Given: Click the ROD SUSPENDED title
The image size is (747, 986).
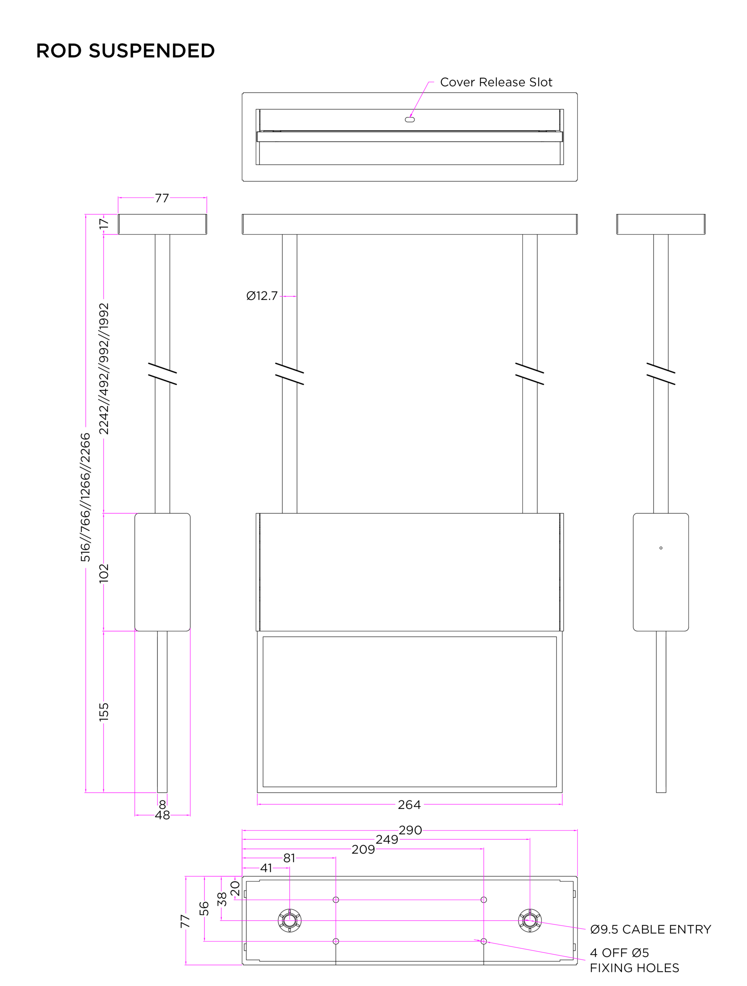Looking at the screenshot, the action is point(125,51).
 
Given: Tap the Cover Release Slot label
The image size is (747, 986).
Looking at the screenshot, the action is point(496,82).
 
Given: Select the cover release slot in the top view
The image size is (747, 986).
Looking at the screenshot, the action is point(410,119).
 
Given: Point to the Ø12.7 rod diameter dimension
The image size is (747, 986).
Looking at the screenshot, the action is point(262,296).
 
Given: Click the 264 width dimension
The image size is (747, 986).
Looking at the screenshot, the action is point(409,805).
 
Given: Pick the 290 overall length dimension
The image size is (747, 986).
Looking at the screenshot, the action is point(410,830).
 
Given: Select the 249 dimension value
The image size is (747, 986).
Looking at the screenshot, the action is point(387,839).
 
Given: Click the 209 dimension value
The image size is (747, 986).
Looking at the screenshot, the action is point(363,849).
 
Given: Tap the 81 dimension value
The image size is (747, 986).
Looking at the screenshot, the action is point(289,858).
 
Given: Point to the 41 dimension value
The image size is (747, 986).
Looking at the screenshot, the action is point(266,868).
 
